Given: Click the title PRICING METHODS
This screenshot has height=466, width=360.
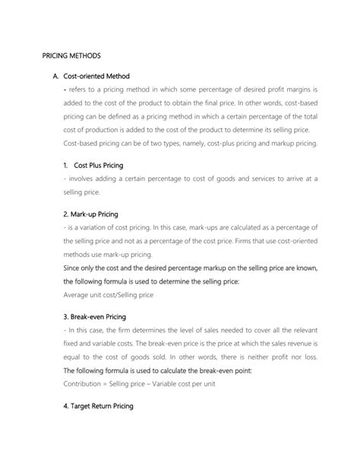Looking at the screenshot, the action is (68, 56).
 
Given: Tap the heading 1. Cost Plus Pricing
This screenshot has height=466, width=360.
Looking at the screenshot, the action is (94, 165).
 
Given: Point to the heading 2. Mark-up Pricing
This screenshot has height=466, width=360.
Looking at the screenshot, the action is (83, 214).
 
